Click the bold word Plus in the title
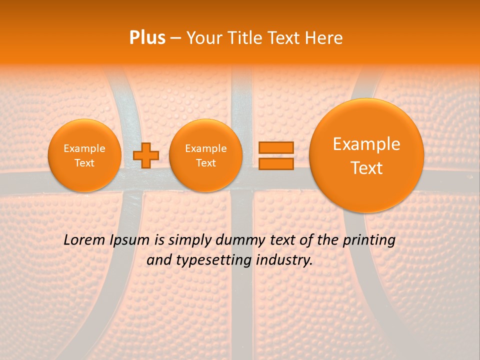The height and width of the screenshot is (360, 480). click(x=147, y=38)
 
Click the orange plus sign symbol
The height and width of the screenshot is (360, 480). click(x=145, y=155)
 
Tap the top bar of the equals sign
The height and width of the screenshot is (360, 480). click(x=275, y=147)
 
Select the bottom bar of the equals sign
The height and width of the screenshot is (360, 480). click(x=275, y=163)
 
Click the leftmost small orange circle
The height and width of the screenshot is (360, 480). click(x=84, y=155)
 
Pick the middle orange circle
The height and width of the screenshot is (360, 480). click(x=205, y=155)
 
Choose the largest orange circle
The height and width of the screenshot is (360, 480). click(x=366, y=155)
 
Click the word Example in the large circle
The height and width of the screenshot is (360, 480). click(x=366, y=144)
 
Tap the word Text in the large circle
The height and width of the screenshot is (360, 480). click(x=366, y=168)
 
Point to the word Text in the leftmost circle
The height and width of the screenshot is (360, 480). click(x=84, y=163)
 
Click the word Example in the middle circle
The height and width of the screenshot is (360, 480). click(x=205, y=148)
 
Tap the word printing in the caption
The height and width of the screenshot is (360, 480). click(x=369, y=240)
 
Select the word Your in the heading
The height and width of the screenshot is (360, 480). click(x=203, y=38)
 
